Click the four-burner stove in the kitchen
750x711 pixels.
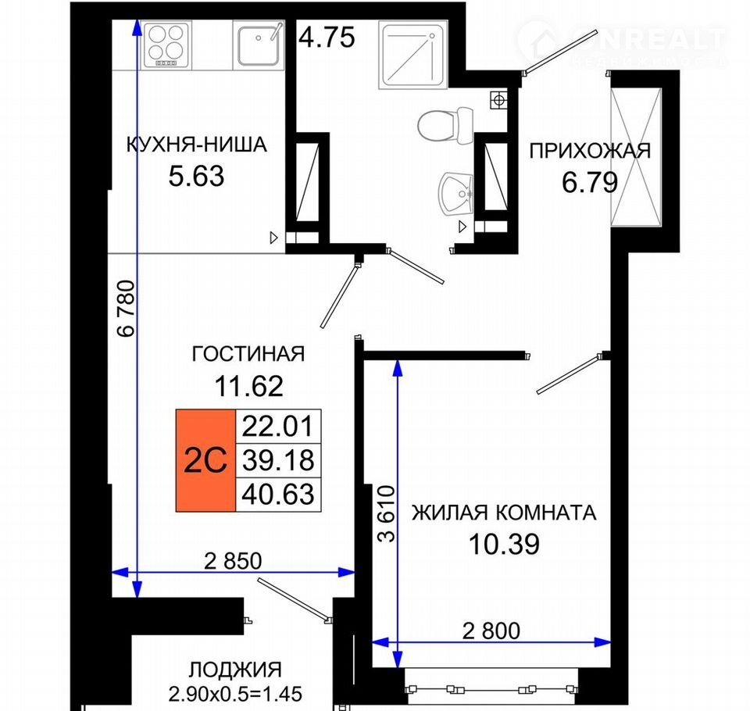pyautogui.click(x=164, y=45)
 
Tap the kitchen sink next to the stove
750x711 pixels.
pyautogui.click(x=259, y=45)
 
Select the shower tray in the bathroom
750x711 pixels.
pyautogui.click(x=412, y=55)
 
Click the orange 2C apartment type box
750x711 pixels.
pyautogui.click(x=205, y=460)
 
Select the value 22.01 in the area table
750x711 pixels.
pyautogui.click(x=278, y=426)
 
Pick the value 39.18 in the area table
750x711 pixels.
pyautogui.click(x=278, y=459)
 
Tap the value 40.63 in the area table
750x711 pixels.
pyautogui.click(x=278, y=494)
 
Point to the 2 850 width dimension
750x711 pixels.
pyautogui.click(x=233, y=561)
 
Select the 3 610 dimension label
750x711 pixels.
pyautogui.click(x=387, y=513)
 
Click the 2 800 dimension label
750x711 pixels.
pyautogui.click(x=491, y=631)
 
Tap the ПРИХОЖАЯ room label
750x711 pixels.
pyautogui.click(x=590, y=152)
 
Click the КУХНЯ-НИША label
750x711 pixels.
pyautogui.click(x=197, y=145)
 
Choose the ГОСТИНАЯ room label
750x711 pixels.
pyautogui.click(x=248, y=354)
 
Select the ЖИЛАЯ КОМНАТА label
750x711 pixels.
pyautogui.click(x=504, y=513)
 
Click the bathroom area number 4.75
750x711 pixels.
pyautogui.click(x=327, y=38)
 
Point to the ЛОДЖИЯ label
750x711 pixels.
pyautogui.click(x=235, y=670)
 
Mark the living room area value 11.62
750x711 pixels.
pyautogui.click(x=248, y=386)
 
